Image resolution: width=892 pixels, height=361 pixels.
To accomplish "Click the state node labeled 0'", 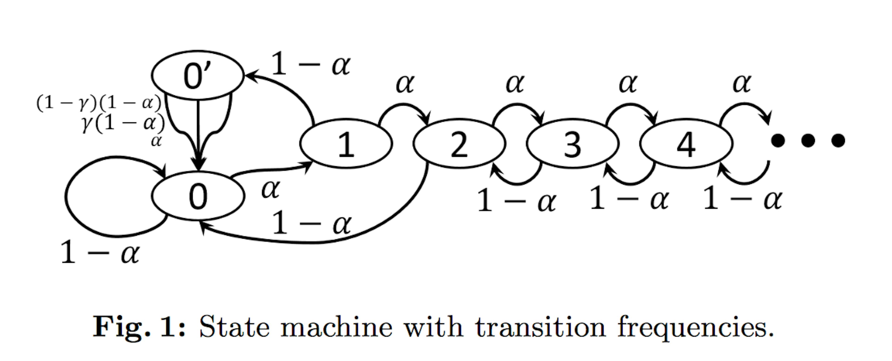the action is click(198, 75).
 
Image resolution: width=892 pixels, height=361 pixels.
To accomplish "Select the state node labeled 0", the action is click(198, 196).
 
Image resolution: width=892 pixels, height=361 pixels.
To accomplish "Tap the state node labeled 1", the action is click(346, 144).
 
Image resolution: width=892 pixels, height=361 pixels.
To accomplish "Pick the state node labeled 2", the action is click(459, 144).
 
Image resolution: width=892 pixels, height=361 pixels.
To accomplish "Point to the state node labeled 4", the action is click(686, 144).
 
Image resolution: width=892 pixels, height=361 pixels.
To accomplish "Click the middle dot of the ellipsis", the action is click(808, 140).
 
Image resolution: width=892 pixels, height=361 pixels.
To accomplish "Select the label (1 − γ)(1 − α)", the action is click(99, 103).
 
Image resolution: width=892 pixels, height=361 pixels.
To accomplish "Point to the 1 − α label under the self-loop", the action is click(100, 252).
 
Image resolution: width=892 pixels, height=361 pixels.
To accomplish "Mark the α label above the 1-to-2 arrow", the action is click(404, 84).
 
